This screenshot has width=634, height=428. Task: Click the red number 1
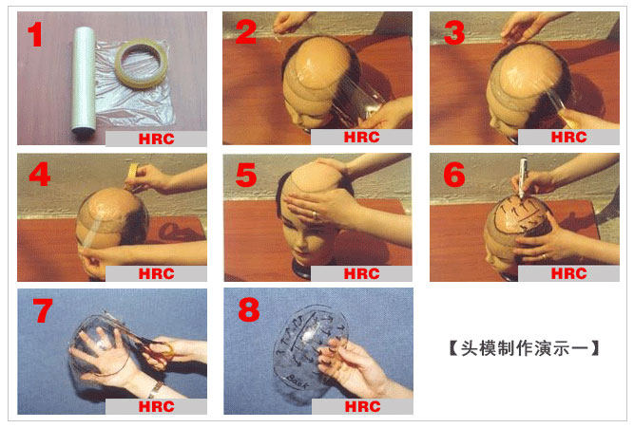(35, 34)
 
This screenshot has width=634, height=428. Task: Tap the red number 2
(245, 32)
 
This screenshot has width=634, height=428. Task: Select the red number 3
(454, 32)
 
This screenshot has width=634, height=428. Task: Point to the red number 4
(40, 174)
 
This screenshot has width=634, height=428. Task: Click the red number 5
(246, 175)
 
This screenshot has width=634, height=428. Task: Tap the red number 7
(43, 310)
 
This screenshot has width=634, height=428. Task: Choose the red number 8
(249, 309)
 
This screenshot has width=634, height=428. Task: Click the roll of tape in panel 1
(141, 63)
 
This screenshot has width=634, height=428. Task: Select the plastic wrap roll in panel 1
(84, 79)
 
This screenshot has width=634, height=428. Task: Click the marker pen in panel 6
(523, 177)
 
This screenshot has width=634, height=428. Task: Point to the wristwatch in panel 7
(156, 390)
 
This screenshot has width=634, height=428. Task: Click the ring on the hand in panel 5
(315, 214)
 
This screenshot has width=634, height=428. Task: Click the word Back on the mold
(297, 381)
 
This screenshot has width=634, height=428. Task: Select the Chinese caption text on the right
(524, 348)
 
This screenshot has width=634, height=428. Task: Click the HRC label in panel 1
(157, 139)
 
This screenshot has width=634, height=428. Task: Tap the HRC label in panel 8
(363, 406)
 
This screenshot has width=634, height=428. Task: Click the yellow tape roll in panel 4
(133, 171)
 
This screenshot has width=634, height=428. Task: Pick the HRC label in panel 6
(569, 273)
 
